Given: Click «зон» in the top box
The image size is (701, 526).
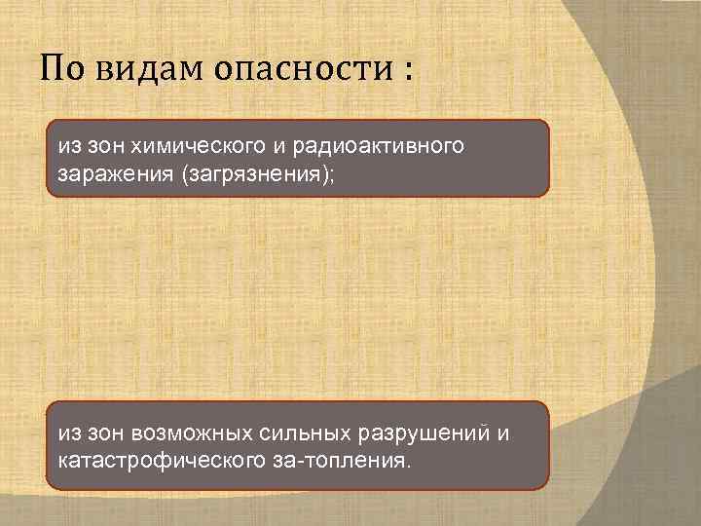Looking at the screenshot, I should tap(97, 146).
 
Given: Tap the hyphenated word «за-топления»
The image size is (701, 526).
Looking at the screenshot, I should tap(335, 458).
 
